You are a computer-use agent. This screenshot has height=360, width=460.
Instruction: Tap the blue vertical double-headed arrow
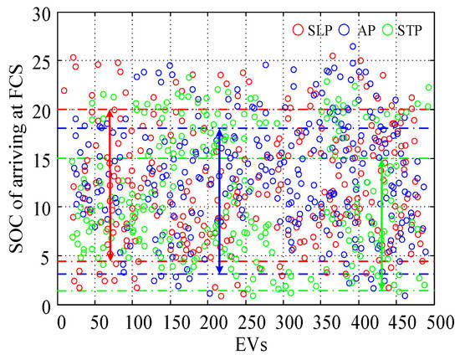(219, 201)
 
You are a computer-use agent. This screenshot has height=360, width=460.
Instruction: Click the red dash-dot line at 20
(251, 110)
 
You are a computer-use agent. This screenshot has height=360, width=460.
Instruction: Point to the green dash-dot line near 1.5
(251, 291)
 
